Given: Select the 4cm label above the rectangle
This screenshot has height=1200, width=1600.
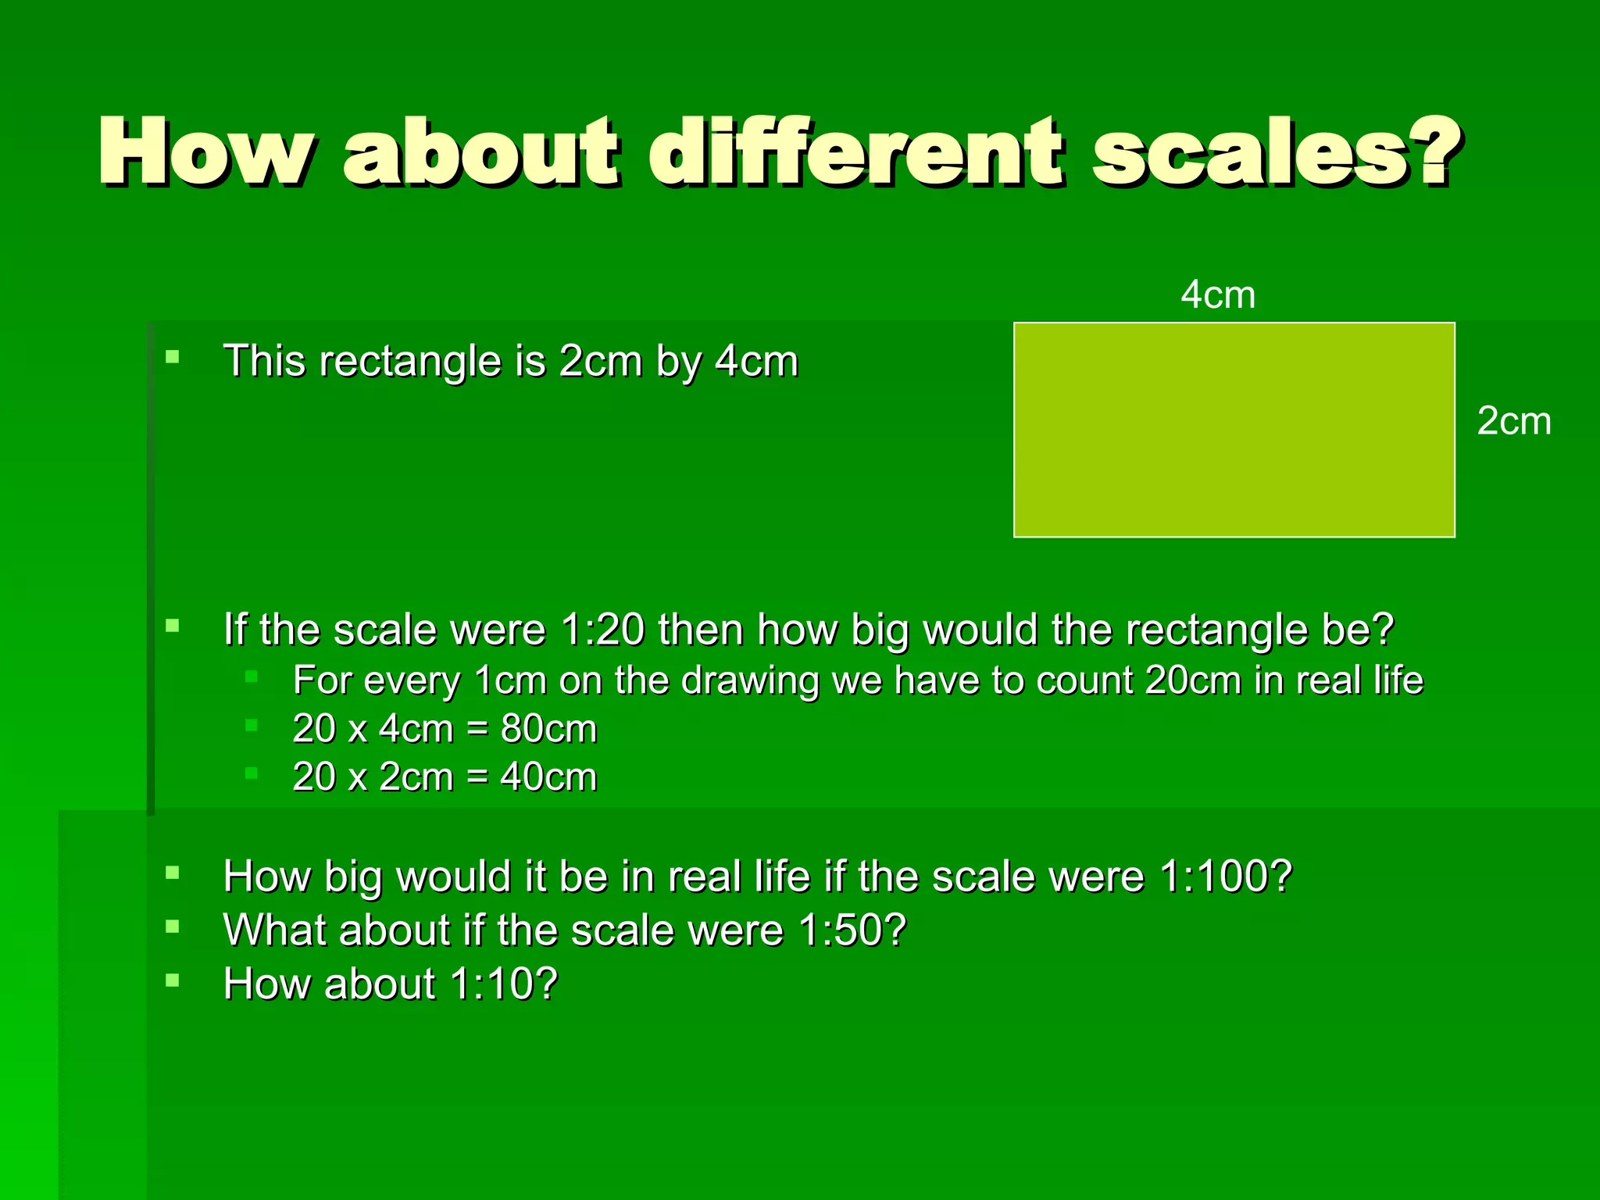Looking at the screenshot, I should click(1217, 295).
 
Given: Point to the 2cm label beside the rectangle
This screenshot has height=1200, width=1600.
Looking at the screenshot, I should click(1513, 421).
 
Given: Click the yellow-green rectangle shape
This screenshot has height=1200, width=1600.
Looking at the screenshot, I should click(1234, 430).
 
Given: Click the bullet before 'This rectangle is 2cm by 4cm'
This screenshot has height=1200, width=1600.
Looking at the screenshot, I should click(173, 358).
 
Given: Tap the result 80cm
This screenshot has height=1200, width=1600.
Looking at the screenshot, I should click(548, 729).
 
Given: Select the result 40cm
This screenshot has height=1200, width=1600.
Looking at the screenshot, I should click(548, 777).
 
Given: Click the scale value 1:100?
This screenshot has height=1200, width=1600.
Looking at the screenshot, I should click(1226, 877).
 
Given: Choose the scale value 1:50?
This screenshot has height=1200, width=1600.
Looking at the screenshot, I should click(852, 930).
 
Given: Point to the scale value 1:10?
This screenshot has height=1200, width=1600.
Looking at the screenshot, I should click(504, 984).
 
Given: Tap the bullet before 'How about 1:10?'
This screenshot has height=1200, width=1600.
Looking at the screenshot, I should click(173, 980).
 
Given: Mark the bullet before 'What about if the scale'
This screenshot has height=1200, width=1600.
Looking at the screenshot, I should click(173, 927).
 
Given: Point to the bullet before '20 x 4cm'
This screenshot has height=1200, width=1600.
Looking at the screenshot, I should click(252, 725).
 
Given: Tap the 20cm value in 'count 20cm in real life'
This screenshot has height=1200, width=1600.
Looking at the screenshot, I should click(1193, 680).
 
